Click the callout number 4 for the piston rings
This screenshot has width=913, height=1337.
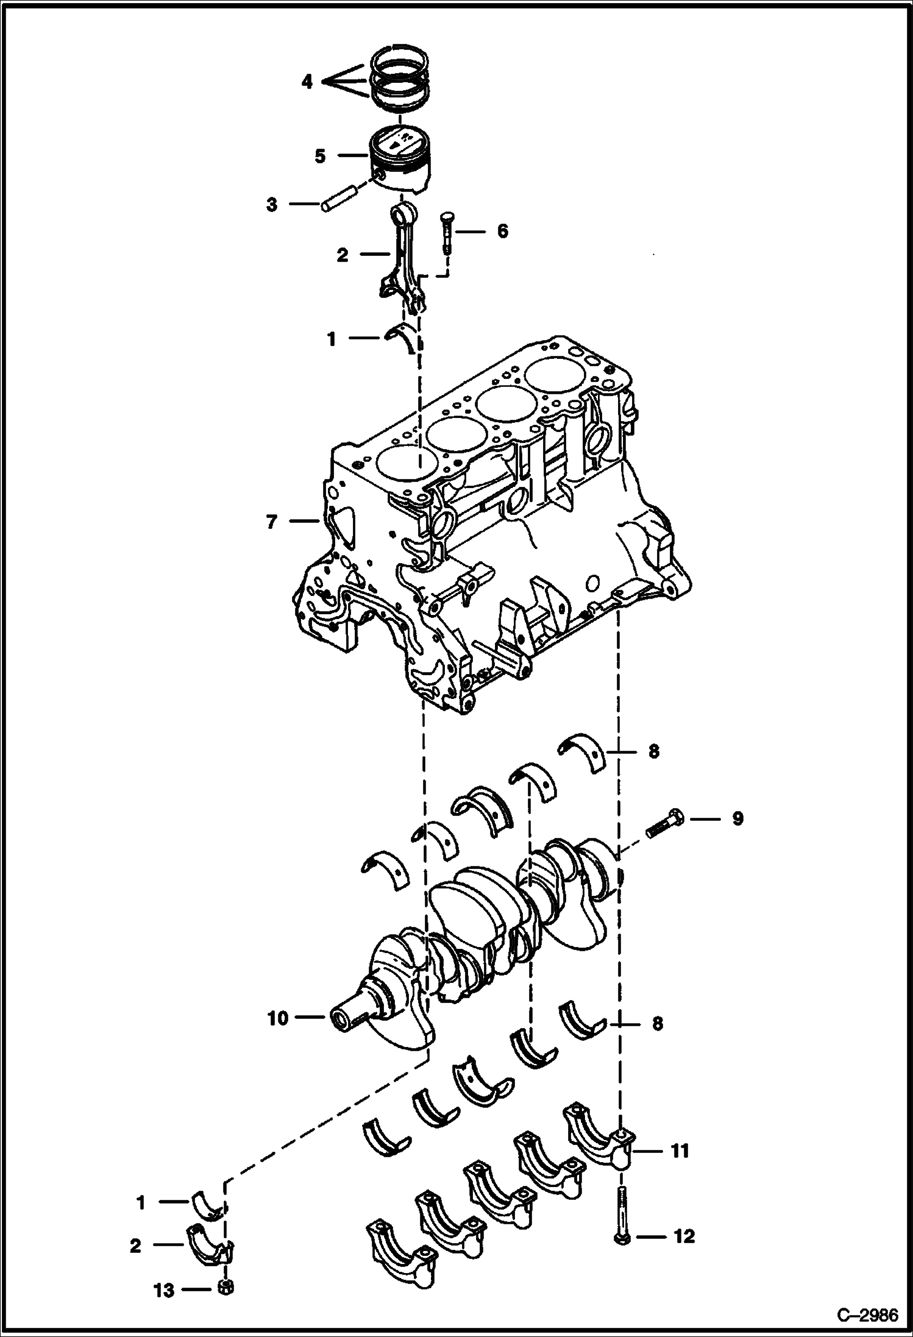pos(307,81)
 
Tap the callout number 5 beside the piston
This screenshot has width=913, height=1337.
pos(321,157)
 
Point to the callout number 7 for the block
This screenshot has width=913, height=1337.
pos(272,522)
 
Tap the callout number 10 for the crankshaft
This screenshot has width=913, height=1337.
pos(277,1018)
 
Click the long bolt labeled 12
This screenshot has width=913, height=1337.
pos(620,1213)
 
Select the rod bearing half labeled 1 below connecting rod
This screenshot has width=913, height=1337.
pos(403,337)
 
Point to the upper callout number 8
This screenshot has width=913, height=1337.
pos(653,751)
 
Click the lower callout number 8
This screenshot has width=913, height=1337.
pos(657,1023)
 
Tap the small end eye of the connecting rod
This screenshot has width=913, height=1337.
pos(403,215)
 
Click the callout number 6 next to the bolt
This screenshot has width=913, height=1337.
pos(502,232)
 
